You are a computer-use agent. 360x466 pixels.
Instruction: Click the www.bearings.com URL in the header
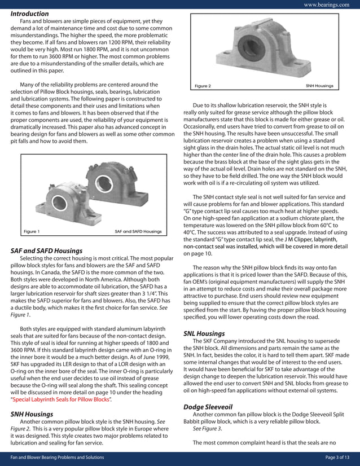[x=326, y=5]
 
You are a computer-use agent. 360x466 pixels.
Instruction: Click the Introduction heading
[x=29, y=14]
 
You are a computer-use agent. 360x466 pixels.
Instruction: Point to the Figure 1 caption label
[x=32, y=231]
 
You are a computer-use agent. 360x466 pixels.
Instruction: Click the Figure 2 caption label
[x=203, y=86]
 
